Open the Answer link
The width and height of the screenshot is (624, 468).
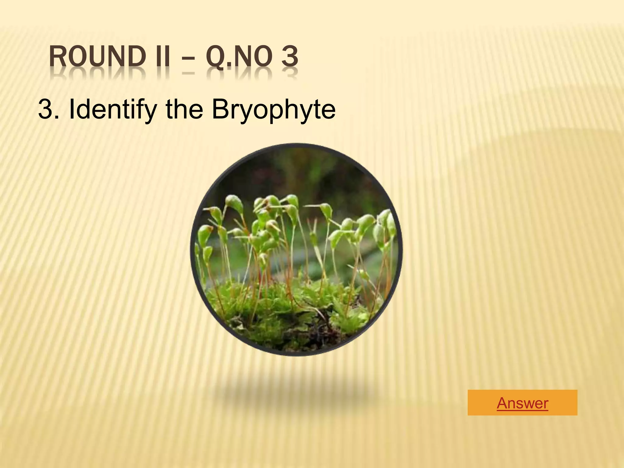(522, 403)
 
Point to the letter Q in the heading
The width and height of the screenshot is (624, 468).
(215, 57)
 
